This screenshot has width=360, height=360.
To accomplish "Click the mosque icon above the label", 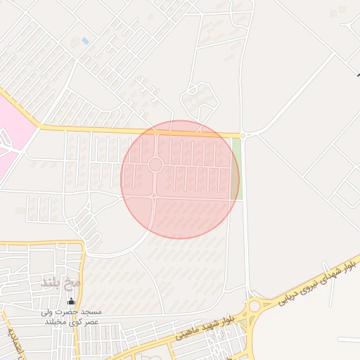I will pyautogui.click(x=70, y=302).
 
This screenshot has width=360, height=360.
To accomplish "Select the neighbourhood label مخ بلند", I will pyautogui.click(x=63, y=283).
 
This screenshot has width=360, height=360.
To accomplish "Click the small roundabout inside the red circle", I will pyautogui.click(x=155, y=165).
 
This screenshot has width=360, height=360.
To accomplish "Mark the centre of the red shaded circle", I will pyautogui.click(x=180, y=179).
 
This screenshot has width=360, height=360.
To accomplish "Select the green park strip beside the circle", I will pyautogui.click(x=235, y=169).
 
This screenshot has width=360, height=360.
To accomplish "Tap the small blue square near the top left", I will pyautogui.click(x=85, y=41).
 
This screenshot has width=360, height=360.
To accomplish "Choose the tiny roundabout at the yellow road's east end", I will pyautogui.click(x=243, y=135).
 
